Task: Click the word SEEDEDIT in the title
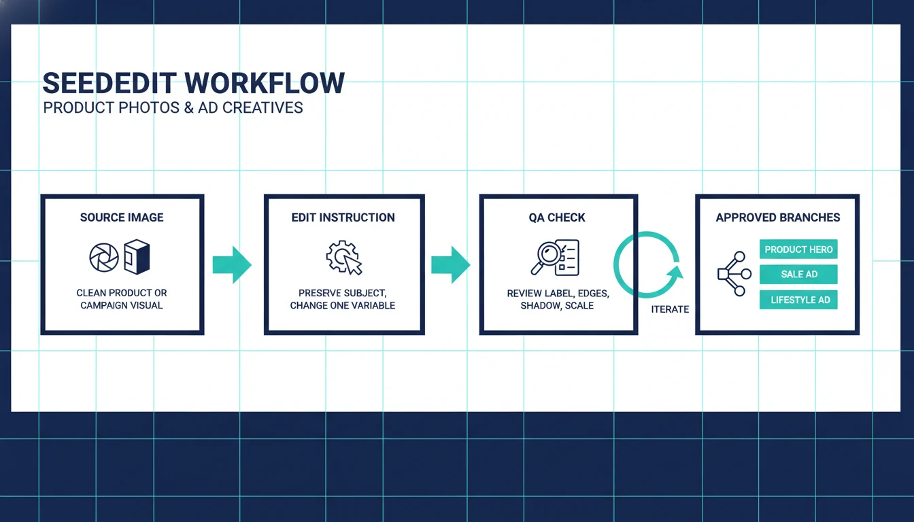(109, 83)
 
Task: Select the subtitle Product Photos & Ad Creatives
(173, 107)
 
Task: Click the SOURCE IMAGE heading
(122, 217)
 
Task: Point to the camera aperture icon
(104, 258)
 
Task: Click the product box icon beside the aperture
(136, 257)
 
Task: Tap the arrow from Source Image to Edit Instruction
(232, 264)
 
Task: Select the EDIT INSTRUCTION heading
(343, 217)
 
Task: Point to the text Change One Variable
(343, 305)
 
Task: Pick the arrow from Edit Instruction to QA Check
(450, 264)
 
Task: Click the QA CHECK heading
(557, 217)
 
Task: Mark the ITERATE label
(670, 309)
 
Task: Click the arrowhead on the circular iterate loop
(675, 274)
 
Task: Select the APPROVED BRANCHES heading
(777, 217)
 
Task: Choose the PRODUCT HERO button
(798, 249)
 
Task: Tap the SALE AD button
(798, 275)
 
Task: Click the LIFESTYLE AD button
(798, 300)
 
